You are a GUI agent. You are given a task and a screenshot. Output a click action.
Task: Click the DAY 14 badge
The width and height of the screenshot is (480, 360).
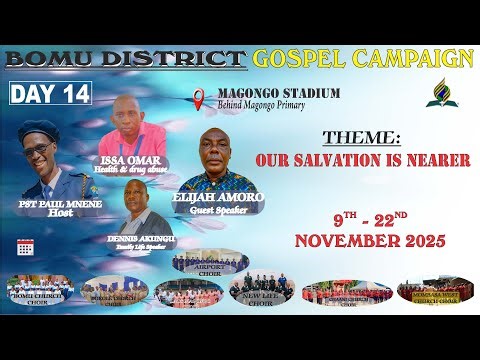pyautogui.click(x=51, y=94)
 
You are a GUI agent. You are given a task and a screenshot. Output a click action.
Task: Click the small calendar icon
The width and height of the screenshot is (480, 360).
pyautogui.click(x=24, y=247)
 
